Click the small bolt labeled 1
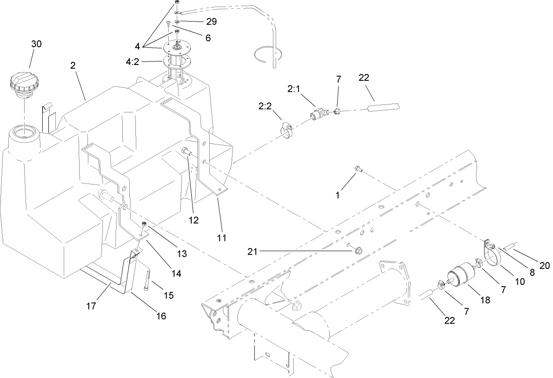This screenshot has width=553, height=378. [x=358, y=169]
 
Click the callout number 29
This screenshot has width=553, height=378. [x=211, y=22]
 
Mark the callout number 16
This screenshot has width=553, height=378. [x=161, y=316]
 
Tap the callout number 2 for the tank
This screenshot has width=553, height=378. [x=73, y=65]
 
